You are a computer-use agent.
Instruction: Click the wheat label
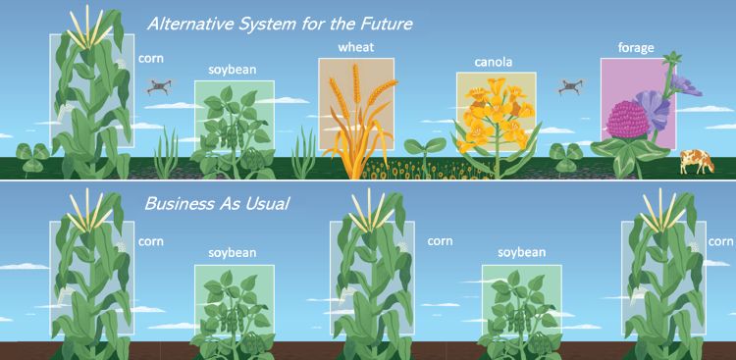point(355,47)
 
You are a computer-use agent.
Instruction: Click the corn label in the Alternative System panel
point(151,58)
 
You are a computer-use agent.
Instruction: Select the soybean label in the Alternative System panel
point(232,70)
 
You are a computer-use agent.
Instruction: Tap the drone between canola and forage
point(570,86)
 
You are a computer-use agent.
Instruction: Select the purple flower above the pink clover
point(655,102)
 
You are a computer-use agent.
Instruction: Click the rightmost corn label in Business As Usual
point(721,240)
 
